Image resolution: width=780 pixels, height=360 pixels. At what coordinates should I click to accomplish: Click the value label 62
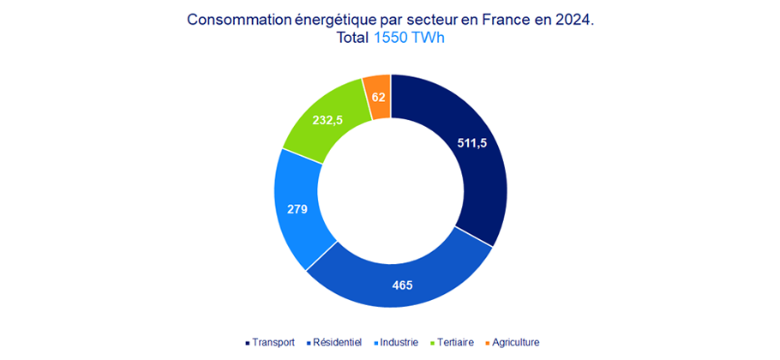(379, 97)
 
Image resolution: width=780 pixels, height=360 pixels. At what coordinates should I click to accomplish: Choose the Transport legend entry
(269, 342)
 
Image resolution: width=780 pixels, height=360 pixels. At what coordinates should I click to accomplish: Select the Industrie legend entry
(398, 342)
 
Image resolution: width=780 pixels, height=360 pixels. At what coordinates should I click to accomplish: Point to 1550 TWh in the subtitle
(409, 39)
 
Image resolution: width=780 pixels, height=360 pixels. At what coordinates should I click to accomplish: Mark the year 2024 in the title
(574, 20)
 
